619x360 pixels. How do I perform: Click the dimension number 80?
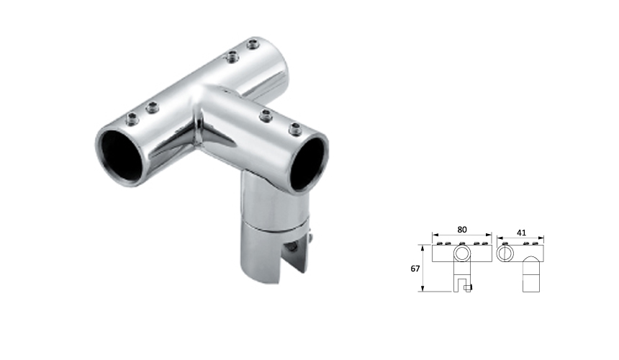tap(462, 229)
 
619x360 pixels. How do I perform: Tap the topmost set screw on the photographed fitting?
tap(253, 45)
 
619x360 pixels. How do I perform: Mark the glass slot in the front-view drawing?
tap(461, 282)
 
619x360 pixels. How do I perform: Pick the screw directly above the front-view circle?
tap(462, 243)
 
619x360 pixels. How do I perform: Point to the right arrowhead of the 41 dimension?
tap(543, 235)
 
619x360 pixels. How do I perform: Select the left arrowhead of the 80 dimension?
tap(433, 235)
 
